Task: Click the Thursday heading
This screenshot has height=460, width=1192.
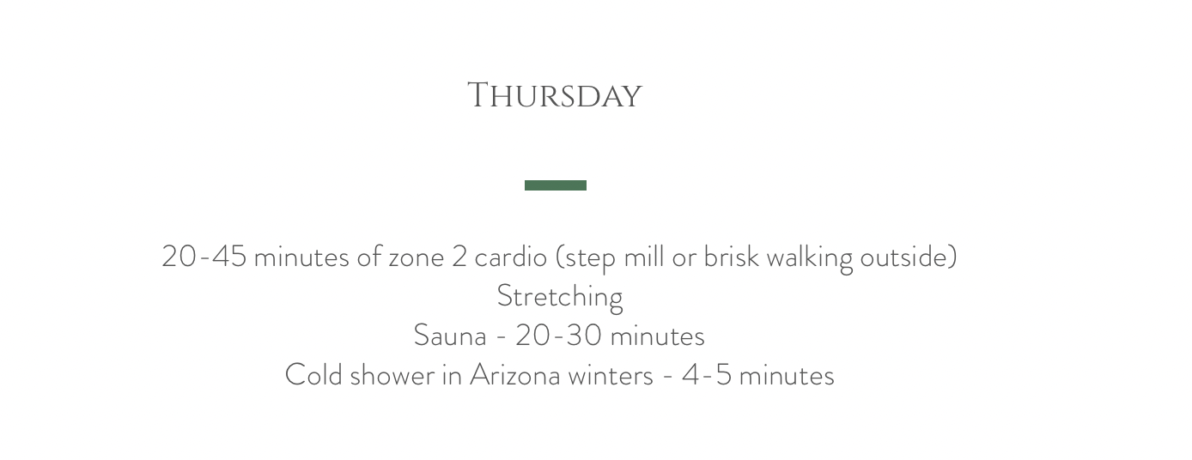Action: pyautogui.click(x=555, y=96)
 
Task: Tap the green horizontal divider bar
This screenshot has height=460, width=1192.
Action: pyautogui.click(x=556, y=185)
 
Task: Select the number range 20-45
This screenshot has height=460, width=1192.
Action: pyautogui.click(x=204, y=257)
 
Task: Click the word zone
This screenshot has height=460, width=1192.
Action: pyautogui.click(x=417, y=258)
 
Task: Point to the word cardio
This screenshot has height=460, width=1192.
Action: pyautogui.click(x=511, y=257)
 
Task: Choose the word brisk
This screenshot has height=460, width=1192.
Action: pyautogui.click(x=732, y=257)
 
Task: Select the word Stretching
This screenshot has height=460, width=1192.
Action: pyautogui.click(x=560, y=297)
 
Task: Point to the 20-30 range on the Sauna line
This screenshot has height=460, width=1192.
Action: pyautogui.click(x=559, y=336)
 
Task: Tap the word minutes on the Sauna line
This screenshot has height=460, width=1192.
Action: pyautogui.click(x=657, y=336)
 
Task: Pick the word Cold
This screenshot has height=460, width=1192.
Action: pyautogui.click(x=313, y=374)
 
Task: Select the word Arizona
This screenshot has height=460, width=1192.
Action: pyautogui.click(x=515, y=374)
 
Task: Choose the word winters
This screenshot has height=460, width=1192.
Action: pyautogui.click(x=611, y=375)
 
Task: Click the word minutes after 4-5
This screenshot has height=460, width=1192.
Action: pyautogui.click(x=787, y=375)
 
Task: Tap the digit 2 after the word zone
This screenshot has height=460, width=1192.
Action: pyautogui.click(x=459, y=257)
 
